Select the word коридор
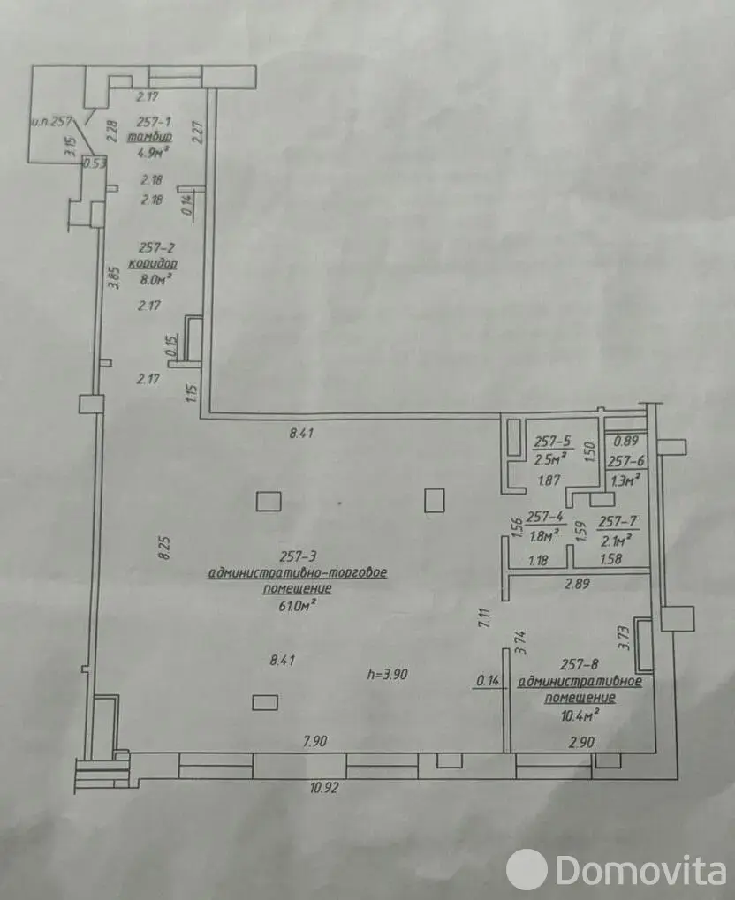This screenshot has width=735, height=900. coord(153,263)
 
